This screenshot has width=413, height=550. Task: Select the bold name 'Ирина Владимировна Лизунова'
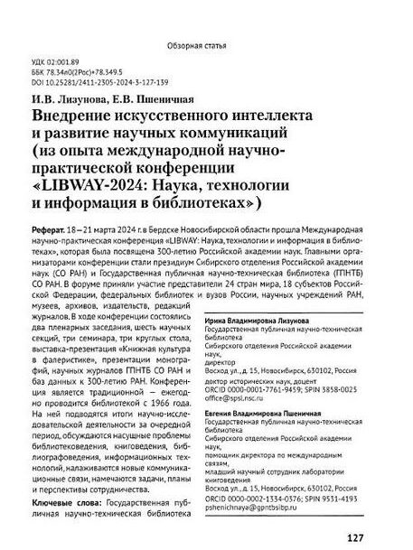tap(272, 322)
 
